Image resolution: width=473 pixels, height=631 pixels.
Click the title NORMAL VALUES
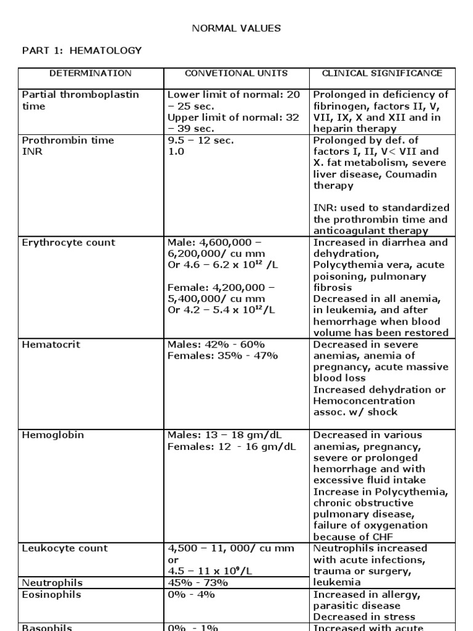click(236, 28)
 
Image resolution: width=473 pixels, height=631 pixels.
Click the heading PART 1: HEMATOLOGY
click(82, 51)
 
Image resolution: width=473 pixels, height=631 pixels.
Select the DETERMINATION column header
click(91, 73)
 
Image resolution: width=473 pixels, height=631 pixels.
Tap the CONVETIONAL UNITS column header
click(236, 73)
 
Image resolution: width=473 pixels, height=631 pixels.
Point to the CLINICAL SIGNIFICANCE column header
click(382, 73)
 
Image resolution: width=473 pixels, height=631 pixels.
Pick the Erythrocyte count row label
click(68, 242)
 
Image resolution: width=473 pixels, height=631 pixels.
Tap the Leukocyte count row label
click(65, 548)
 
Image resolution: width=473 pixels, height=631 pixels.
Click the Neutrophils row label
click(52, 582)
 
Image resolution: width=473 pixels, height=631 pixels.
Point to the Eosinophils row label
click(51, 595)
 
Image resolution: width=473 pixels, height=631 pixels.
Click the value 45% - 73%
click(198, 582)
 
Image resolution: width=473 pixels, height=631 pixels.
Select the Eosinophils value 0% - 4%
click(192, 595)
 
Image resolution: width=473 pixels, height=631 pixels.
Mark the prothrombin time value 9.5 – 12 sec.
click(201, 140)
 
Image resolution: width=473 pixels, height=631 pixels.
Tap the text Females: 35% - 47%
click(223, 356)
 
